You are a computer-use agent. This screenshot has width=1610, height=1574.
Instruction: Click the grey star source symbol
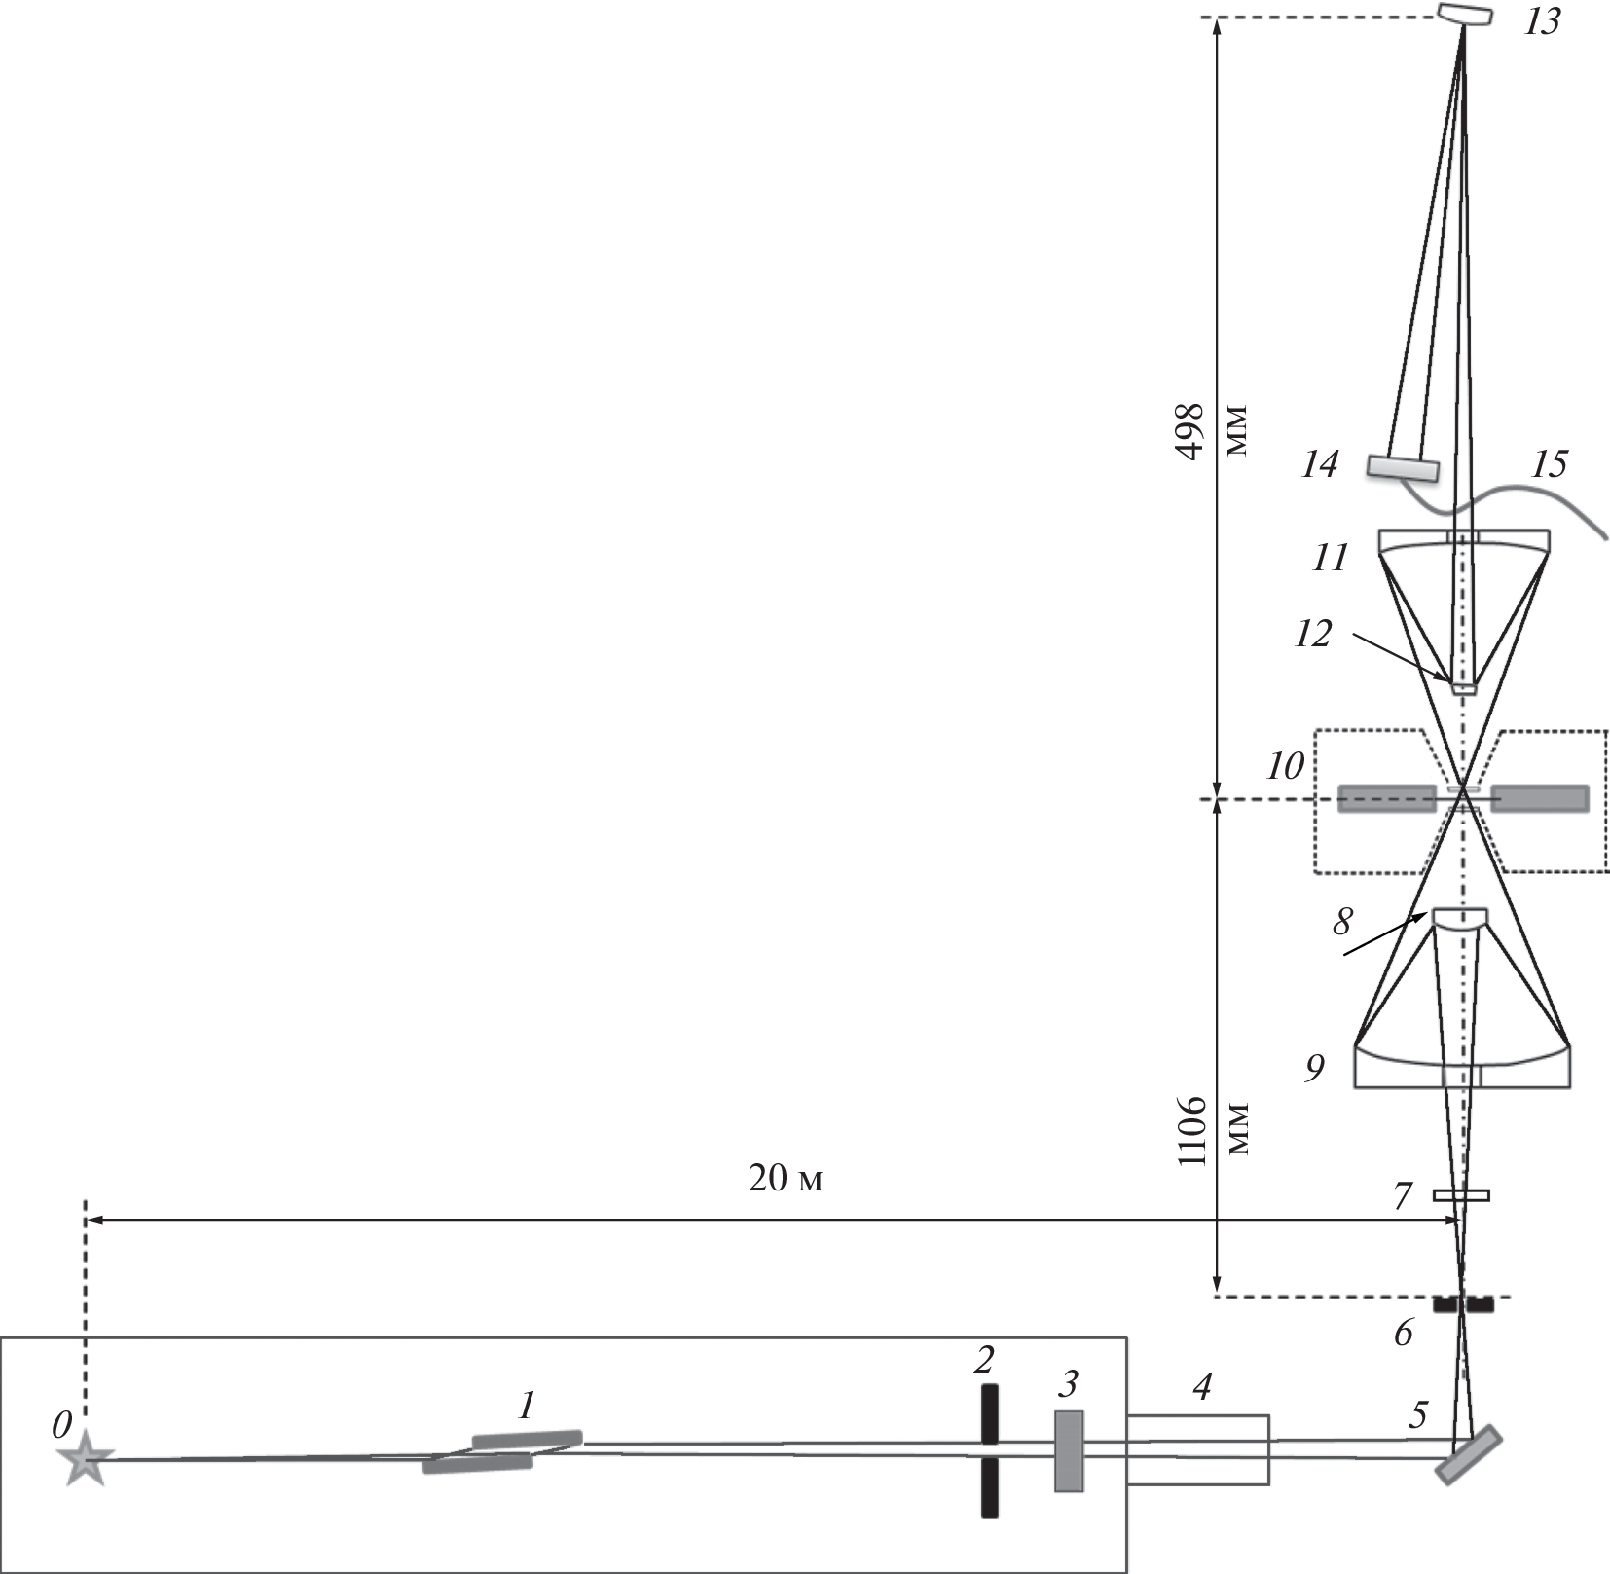[86, 1458]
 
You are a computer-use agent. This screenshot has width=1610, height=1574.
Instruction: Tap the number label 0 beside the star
[61, 1426]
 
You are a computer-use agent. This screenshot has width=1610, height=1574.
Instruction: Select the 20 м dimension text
[786, 1179]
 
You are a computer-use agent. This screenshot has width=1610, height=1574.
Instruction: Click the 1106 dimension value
[1191, 1130]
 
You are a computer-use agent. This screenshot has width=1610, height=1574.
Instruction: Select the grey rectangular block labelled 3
[1069, 1451]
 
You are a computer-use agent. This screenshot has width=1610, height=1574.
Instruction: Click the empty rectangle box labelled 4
[1198, 1449]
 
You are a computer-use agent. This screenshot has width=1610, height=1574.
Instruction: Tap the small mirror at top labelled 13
[1465, 15]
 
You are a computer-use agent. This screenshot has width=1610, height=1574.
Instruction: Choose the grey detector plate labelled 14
[1403, 468]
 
